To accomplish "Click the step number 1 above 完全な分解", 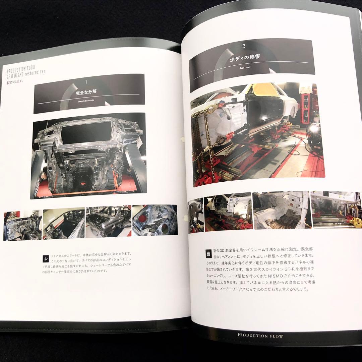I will tap(86, 82).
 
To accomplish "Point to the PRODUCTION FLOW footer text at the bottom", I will tap(260, 336).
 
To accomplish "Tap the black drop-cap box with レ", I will tap(46, 259).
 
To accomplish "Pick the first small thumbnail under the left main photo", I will tap(22, 225).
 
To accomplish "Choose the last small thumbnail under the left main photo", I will tap(155, 220).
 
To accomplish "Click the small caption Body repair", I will tap(245, 68).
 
